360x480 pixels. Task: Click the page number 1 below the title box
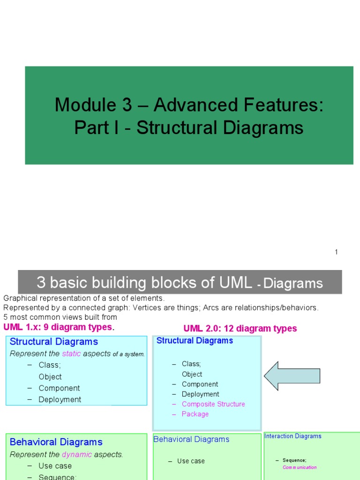336,252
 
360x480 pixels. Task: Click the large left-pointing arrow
292,376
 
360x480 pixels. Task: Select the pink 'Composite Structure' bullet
213,404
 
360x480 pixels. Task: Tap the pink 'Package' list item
195,414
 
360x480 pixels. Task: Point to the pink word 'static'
71,354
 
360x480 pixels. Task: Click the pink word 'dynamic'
77,454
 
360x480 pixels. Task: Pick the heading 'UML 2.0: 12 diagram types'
240,329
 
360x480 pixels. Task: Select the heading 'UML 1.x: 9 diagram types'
58,327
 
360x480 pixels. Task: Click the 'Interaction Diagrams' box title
293,436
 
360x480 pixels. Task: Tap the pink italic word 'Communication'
300,467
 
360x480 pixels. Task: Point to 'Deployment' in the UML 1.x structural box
60,399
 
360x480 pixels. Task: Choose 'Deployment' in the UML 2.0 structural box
200,394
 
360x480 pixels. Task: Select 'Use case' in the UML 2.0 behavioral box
191,461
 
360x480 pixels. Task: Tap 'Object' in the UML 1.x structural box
50,376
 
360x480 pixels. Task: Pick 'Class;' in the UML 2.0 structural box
191,364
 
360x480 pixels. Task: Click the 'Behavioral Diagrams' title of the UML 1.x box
56,442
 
